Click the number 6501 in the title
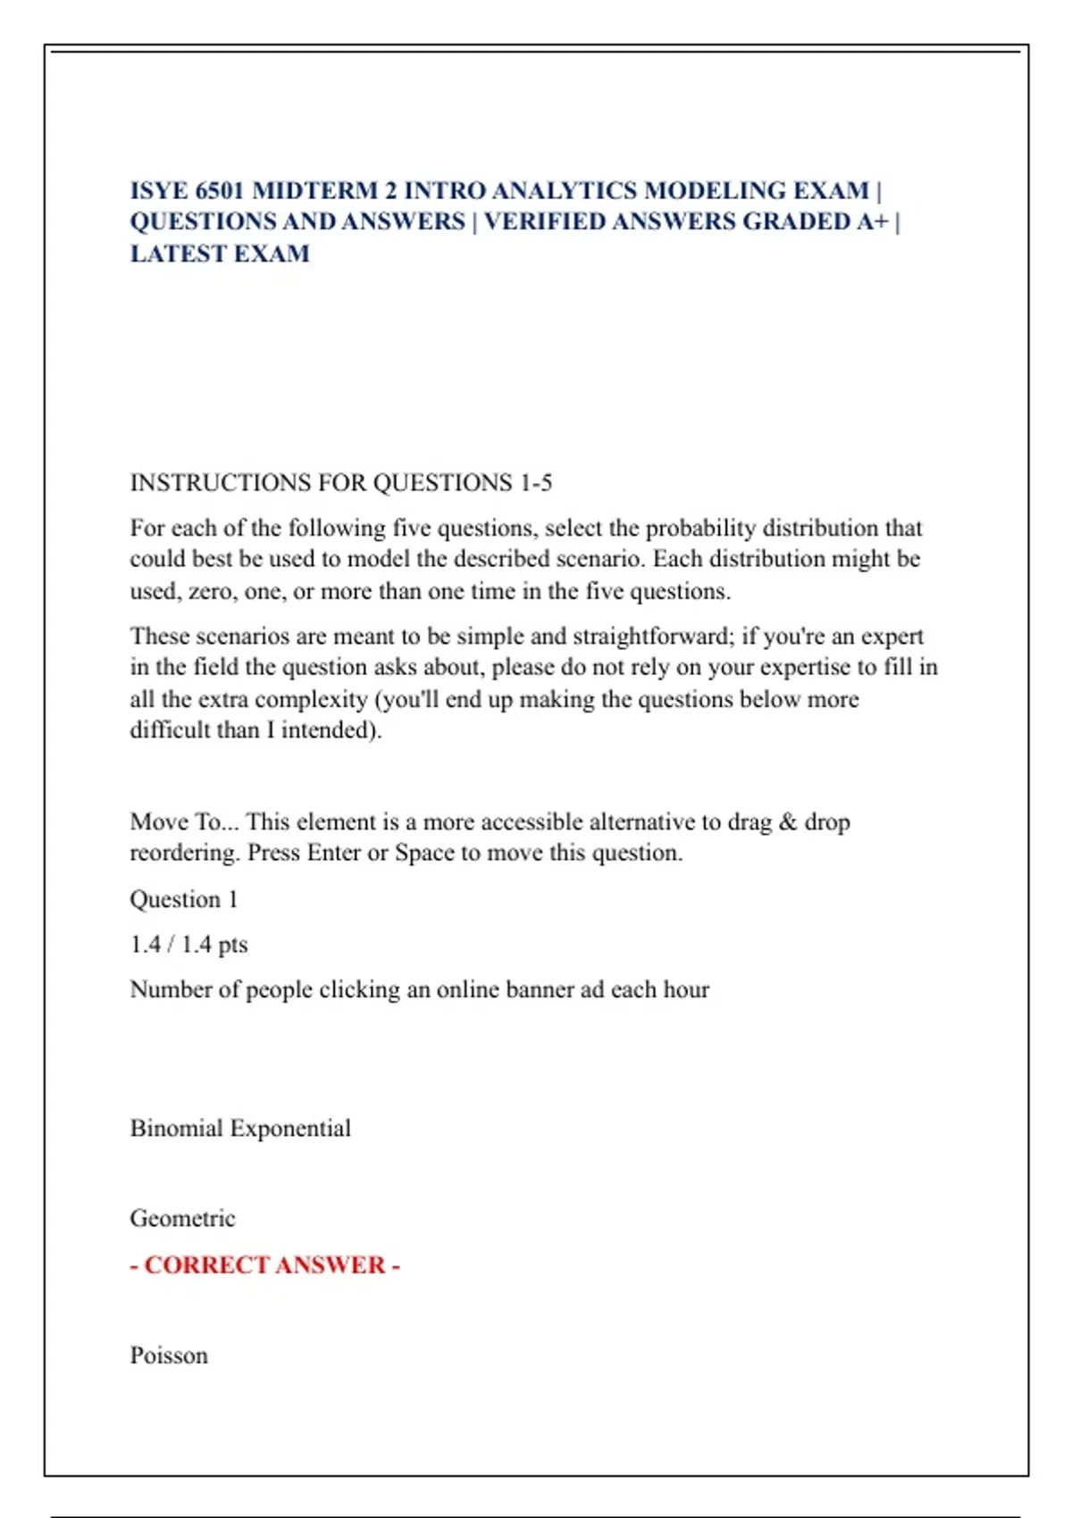[219, 191]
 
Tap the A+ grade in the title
[871, 221]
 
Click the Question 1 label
[184, 899]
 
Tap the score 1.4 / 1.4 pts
[188, 945]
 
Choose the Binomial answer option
[176, 1129]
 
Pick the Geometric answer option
[182, 1219]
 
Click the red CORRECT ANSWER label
[264, 1265]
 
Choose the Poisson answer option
[169, 1355]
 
